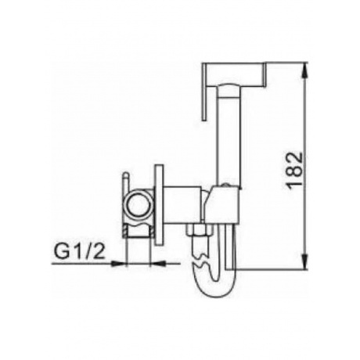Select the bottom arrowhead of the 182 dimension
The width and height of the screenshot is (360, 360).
(304, 266)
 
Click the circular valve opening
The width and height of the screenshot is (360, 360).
(139, 205)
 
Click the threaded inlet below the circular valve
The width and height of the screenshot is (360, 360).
(139, 229)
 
